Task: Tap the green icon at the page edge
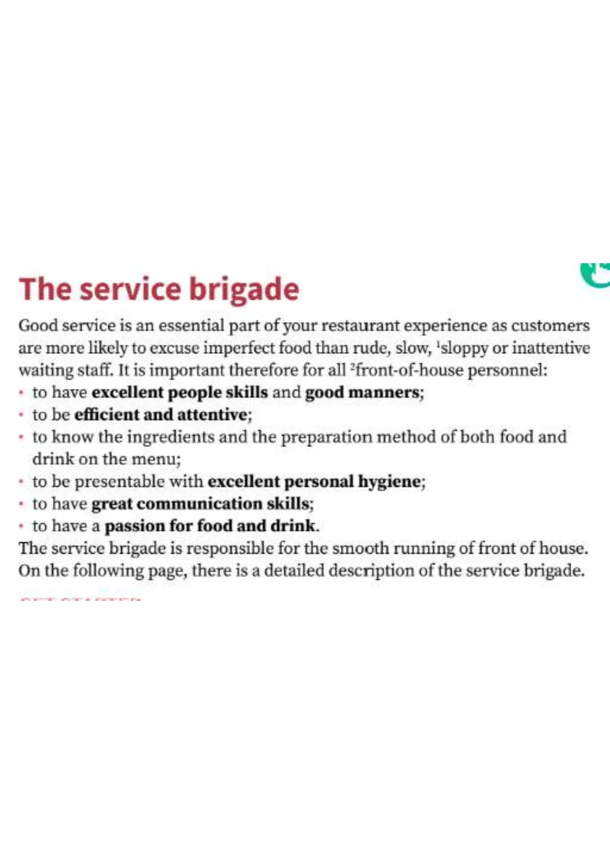point(596,275)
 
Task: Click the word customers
point(551,326)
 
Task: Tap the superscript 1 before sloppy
point(437,344)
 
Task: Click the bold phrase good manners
point(364,392)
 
